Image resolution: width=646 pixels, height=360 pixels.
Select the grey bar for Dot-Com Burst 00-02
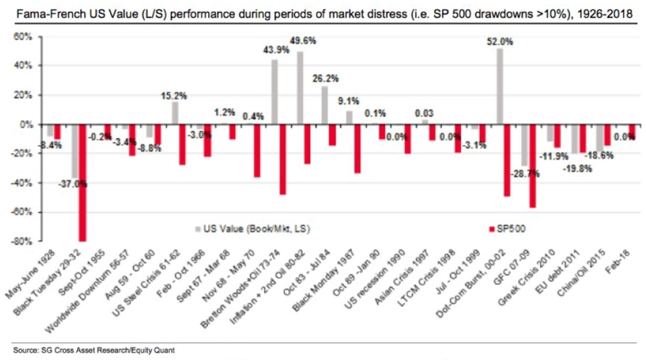pos(500,86)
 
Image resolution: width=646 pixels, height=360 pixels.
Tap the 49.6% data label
pos(302,41)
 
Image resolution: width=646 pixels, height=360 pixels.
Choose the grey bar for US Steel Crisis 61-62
pos(175,113)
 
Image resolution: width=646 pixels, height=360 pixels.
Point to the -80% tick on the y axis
pos(25,241)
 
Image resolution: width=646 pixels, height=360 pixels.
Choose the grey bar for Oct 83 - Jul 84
pos(325,105)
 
